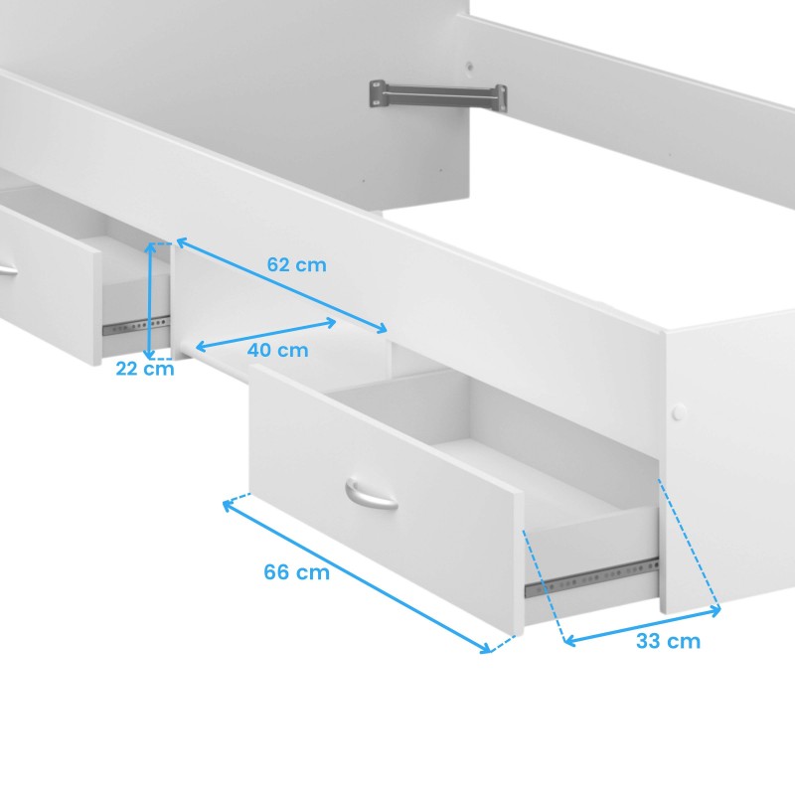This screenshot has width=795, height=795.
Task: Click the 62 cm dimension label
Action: (x=296, y=264)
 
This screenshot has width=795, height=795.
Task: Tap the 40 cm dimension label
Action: (x=278, y=350)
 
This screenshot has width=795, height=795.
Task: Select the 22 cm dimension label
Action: (x=145, y=369)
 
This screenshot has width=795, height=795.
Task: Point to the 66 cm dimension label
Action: (x=296, y=572)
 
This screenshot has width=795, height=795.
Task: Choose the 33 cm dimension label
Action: (x=668, y=641)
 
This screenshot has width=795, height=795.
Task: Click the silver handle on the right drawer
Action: (x=371, y=494)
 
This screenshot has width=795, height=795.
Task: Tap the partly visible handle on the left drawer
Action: (x=8, y=269)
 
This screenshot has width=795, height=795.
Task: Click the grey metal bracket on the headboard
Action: (x=438, y=96)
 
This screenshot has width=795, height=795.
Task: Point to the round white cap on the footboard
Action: (x=679, y=411)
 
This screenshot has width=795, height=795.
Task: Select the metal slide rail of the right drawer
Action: (x=591, y=578)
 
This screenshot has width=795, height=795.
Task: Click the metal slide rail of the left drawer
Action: (x=136, y=326)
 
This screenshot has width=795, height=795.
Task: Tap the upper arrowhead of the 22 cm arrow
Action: (x=150, y=247)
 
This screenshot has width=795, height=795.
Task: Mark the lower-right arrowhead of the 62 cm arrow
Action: (x=382, y=327)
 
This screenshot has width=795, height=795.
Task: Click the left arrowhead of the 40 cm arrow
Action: (x=200, y=347)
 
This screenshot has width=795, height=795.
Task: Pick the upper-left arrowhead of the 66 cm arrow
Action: (x=229, y=505)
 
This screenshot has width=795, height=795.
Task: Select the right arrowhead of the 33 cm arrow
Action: (x=715, y=610)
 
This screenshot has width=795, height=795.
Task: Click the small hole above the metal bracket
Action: (x=470, y=67)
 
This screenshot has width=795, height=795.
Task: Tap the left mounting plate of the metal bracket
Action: (x=377, y=93)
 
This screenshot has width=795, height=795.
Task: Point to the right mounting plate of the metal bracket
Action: (x=501, y=98)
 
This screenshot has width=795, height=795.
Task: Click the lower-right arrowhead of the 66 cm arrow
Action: (x=485, y=648)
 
